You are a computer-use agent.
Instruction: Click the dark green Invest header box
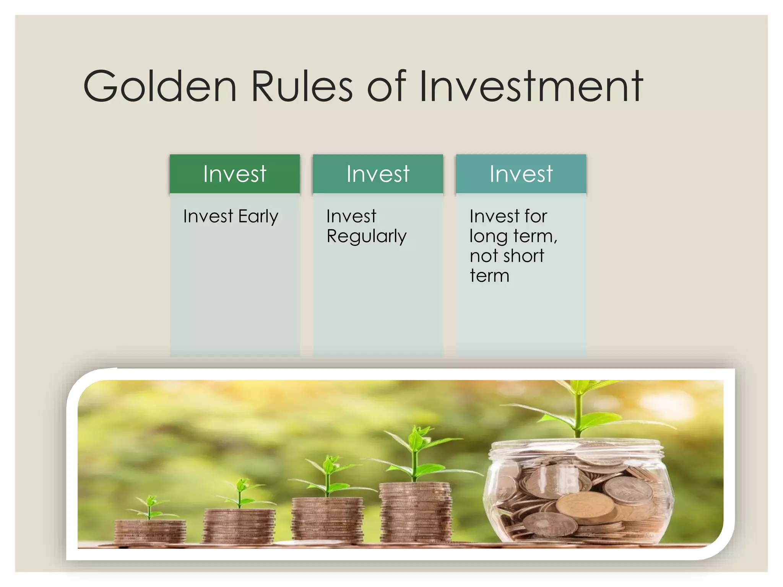(235, 174)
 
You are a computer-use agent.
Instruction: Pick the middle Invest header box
(378, 174)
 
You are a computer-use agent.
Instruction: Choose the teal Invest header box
(521, 174)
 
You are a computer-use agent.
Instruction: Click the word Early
(258, 217)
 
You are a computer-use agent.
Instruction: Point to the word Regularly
(366, 236)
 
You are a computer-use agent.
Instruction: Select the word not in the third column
(484, 256)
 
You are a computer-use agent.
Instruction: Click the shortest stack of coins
(150, 532)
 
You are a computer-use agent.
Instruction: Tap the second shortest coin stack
(239, 526)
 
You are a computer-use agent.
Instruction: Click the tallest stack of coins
(416, 512)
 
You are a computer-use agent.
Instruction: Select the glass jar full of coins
(578, 493)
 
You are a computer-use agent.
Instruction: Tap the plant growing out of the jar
(579, 409)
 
